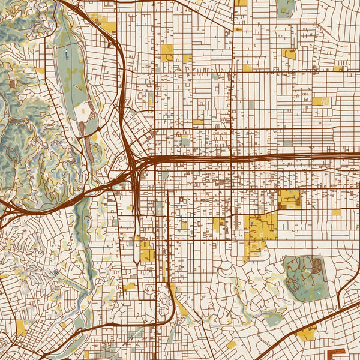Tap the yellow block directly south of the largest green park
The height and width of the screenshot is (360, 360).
pyautogui.click(x=306, y=333)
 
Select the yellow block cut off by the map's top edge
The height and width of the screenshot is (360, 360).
pyautogui.click(x=241, y=2)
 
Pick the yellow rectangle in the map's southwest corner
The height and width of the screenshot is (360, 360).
pyautogui.click(x=22, y=328)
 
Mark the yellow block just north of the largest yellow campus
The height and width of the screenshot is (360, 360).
pyautogui.click(x=289, y=199)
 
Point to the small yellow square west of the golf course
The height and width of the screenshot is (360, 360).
pyautogui.click(x=40, y=70)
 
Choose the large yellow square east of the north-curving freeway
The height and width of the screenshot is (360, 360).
pyautogui.click(x=166, y=52)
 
